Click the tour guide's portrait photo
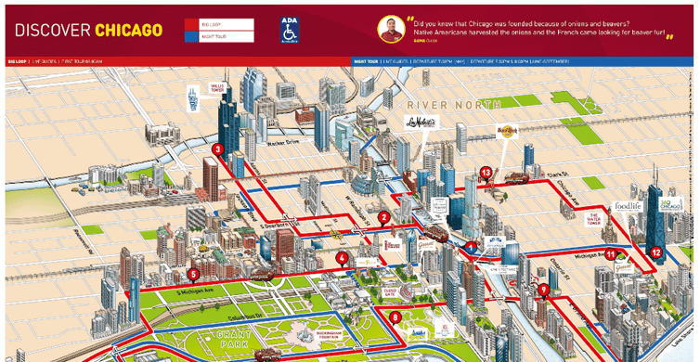[391, 29]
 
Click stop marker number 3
[217, 149]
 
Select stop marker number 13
[486, 172]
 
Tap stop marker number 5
[193, 274]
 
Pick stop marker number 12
[656, 251]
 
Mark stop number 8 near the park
[396, 317]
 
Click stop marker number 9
[544, 290]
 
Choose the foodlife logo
[627, 207]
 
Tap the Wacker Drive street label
[263, 146]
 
